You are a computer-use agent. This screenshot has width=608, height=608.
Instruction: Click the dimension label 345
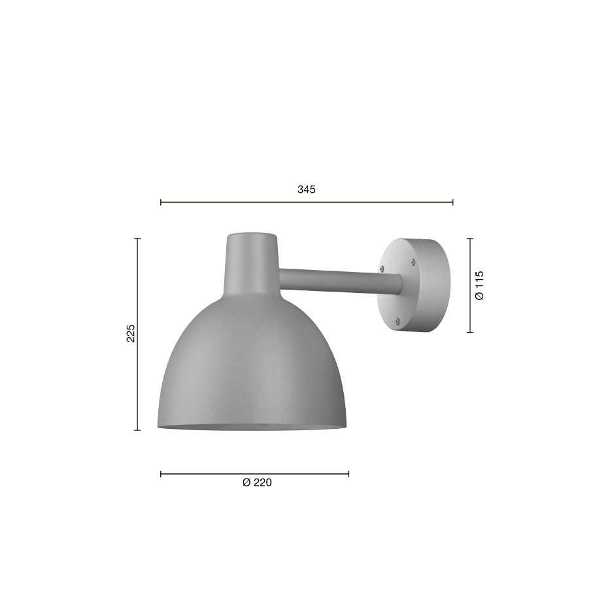coord(306,190)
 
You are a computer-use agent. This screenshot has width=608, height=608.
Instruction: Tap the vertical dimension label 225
coord(131,333)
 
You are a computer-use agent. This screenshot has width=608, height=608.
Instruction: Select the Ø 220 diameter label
coord(257,483)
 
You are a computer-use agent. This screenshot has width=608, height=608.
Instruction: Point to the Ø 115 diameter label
coord(480,285)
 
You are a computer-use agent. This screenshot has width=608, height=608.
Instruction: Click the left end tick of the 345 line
coord(161,202)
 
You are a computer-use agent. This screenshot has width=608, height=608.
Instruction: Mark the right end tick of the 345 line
coord(452,202)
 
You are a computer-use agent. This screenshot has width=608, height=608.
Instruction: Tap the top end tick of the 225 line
coord(137,239)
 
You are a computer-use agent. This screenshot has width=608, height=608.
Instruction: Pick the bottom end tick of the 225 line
coord(137,430)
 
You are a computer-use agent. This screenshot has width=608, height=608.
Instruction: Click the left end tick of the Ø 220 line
coord(161,473)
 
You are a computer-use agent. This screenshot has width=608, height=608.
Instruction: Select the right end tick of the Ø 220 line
coord(348,473)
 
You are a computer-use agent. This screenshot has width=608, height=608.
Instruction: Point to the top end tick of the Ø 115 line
coord(470,239)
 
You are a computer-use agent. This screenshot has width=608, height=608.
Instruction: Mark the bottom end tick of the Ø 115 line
coord(470,332)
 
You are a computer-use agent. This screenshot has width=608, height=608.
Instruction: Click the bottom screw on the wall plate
coord(398,320)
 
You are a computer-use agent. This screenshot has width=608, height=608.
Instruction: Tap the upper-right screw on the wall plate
coord(413,262)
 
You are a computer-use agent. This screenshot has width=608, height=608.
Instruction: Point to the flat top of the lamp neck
coord(252,234)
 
